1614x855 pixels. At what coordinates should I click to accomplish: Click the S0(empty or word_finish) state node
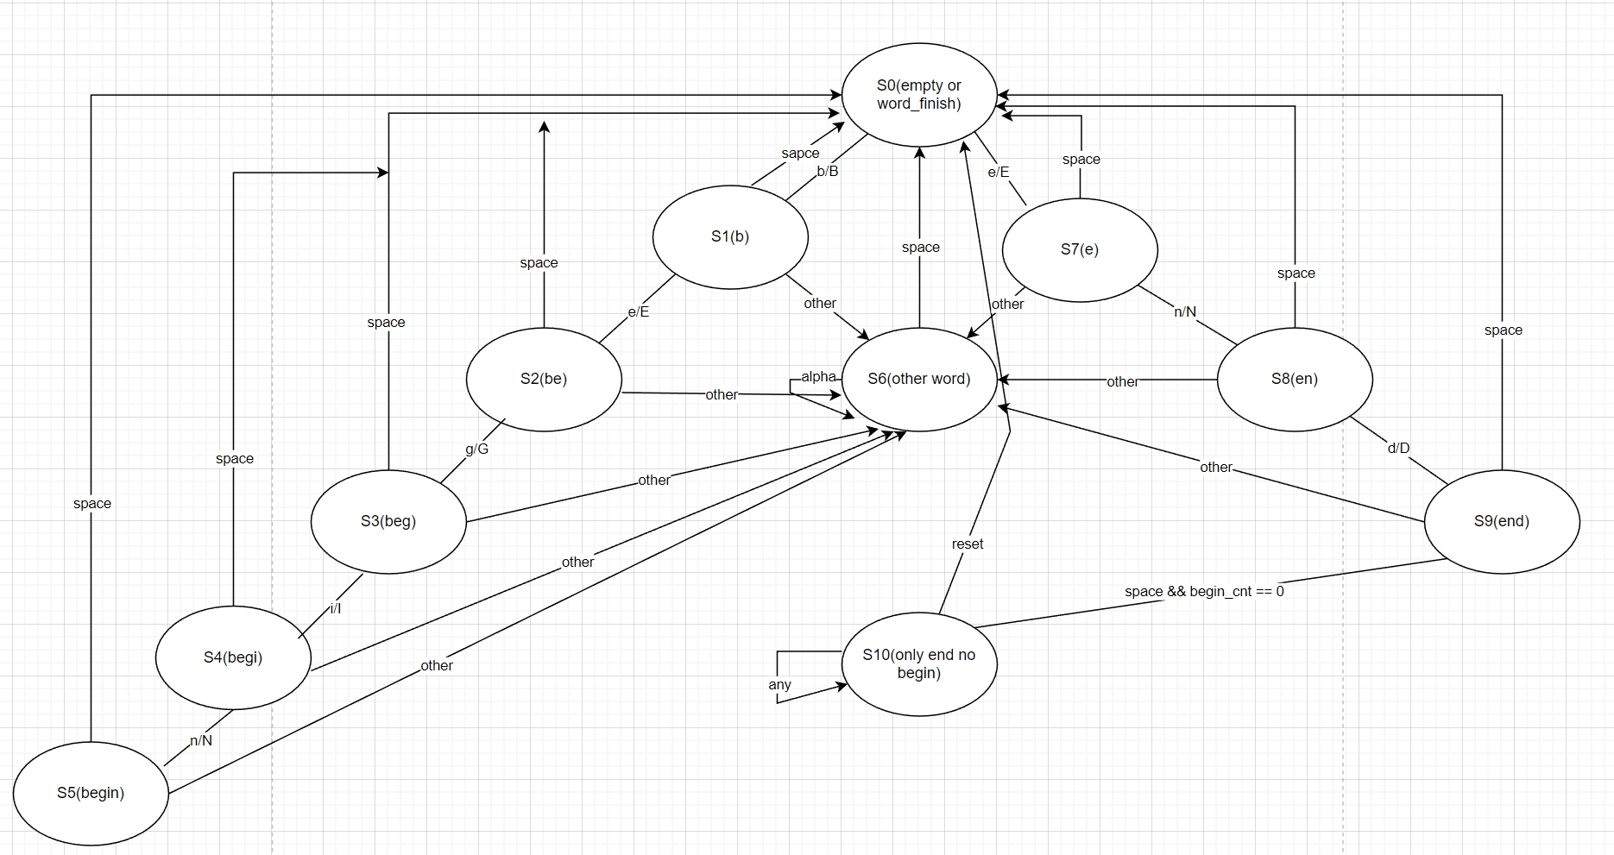(x=918, y=95)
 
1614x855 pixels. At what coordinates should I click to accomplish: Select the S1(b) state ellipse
(x=730, y=237)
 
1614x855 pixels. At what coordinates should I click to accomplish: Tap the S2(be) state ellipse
(x=544, y=379)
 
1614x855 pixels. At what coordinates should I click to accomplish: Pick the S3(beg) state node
(x=388, y=521)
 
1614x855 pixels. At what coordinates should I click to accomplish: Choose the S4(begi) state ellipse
(x=233, y=657)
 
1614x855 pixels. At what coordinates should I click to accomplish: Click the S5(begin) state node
(x=91, y=793)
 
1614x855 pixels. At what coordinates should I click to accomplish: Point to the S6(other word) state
(x=918, y=379)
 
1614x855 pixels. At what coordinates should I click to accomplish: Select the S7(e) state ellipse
(x=1080, y=250)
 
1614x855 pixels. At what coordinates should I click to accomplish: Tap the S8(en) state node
(x=1295, y=379)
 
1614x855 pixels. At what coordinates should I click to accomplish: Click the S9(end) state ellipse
(x=1502, y=521)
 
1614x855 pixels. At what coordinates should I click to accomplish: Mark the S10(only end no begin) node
(x=919, y=663)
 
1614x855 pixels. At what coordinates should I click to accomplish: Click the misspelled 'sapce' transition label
(x=800, y=154)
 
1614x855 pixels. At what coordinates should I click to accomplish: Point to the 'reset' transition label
(x=968, y=544)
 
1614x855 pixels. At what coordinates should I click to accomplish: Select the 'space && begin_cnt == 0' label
(x=1204, y=592)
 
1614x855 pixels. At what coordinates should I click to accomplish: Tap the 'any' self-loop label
(x=779, y=685)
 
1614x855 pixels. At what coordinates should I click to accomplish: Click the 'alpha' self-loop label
(x=818, y=377)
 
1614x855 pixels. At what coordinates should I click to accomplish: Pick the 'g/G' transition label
(x=477, y=450)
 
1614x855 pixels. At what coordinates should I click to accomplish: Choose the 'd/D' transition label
(x=1398, y=449)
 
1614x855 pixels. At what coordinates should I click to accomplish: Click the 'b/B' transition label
(x=828, y=172)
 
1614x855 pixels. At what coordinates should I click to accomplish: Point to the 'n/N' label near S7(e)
(x=1185, y=312)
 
